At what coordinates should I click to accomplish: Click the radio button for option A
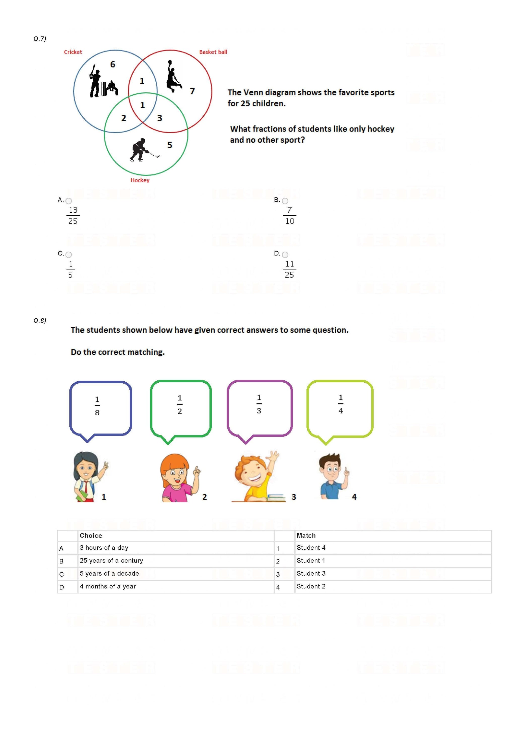point(69,201)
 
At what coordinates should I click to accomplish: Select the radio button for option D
point(285,255)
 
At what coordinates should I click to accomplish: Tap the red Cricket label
point(73,52)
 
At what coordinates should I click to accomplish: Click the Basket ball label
point(213,52)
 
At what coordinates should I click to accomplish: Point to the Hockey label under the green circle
point(140,180)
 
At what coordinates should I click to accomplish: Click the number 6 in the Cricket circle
point(113,64)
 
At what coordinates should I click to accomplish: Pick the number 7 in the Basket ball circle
point(192,91)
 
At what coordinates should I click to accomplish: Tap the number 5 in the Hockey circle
point(170,145)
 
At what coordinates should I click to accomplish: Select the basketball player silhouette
point(173,76)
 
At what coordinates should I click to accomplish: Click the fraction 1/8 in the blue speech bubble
point(97,406)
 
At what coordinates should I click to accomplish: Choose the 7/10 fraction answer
point(289,216)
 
